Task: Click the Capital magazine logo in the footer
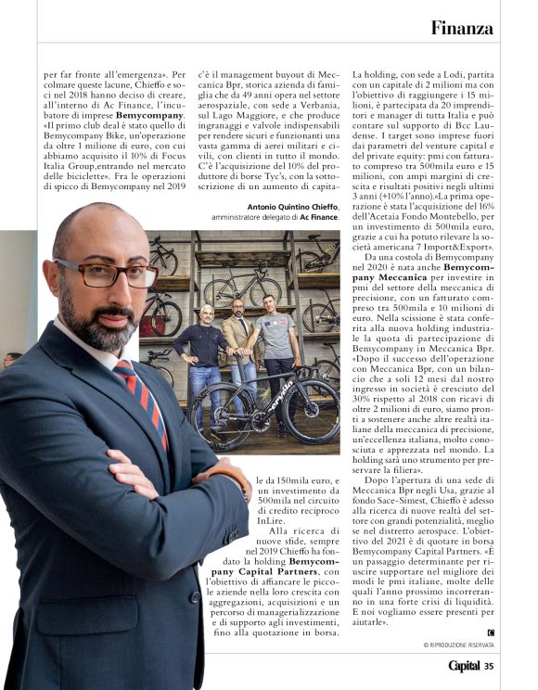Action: pos(464,665)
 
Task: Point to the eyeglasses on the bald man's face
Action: pos(103,274)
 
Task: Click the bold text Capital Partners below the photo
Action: pos(275,573)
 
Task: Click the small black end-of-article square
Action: pos(491,632)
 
